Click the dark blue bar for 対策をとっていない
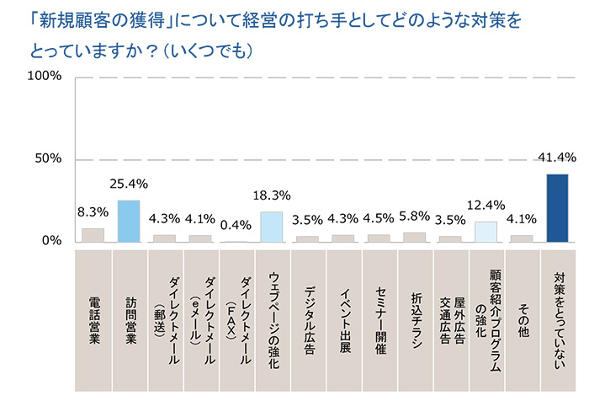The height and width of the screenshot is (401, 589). coord(557,208)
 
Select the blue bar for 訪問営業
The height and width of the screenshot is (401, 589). coord(128,221)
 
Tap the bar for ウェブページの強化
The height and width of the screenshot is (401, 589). coord(271,227)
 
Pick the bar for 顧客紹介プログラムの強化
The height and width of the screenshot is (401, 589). coord(486,232)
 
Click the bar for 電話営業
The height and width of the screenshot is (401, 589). coord(93,235)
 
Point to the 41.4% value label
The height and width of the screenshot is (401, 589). coord(557,158)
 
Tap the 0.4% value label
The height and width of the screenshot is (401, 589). coord(236,224)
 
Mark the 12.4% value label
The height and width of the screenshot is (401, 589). coord(486,205)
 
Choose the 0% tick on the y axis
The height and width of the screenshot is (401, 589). coord(52,242)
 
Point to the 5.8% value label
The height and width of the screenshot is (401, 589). coord(414,220)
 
